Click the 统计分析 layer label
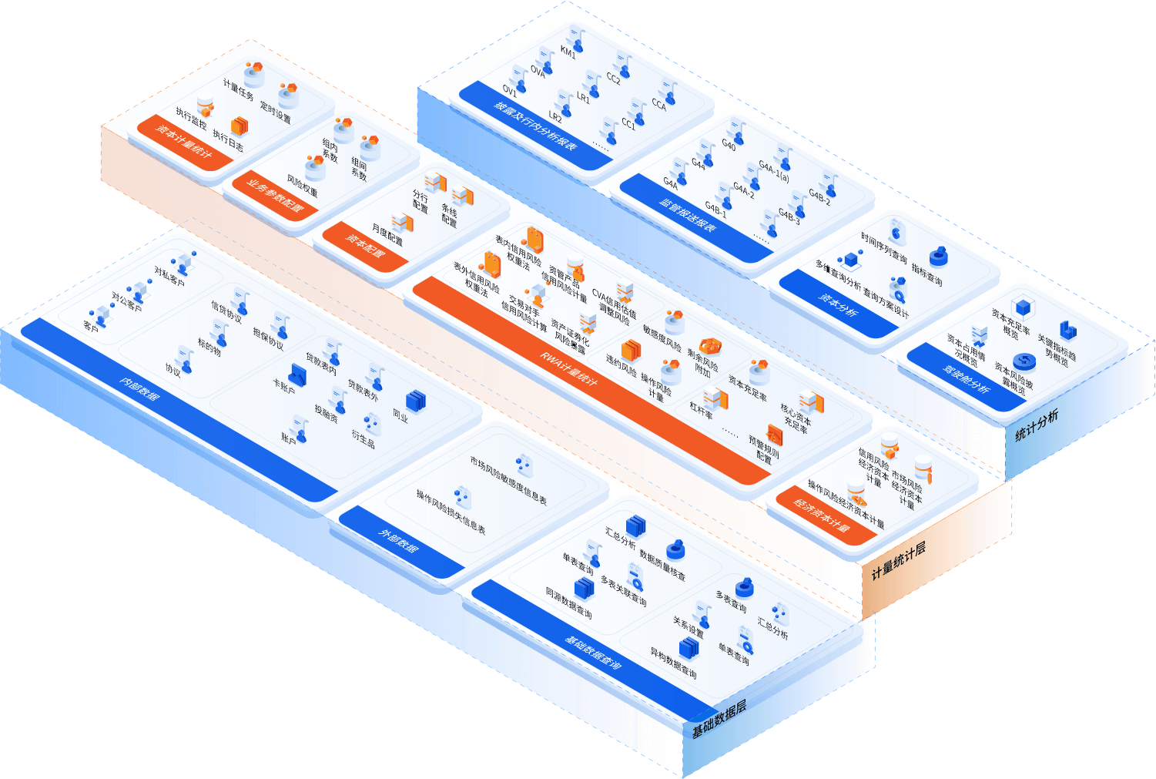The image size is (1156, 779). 1037,425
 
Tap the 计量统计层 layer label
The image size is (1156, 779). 898,562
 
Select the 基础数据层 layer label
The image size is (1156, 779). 719,720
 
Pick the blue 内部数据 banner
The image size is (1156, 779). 139,390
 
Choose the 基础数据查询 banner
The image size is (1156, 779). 593,652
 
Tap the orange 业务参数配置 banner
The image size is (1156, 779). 275,196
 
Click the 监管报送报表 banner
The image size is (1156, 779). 688,215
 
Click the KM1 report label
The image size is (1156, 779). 568,53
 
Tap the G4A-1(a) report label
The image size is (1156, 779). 773,170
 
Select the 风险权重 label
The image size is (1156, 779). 302,186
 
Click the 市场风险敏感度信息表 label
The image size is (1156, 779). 508,481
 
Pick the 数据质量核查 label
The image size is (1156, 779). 662,566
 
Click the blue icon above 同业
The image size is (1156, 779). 416,400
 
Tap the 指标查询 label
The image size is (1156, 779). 926,274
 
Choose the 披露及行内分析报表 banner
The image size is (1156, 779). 535,125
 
